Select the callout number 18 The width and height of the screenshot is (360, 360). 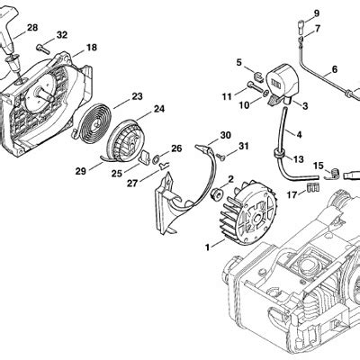tap(91, 47)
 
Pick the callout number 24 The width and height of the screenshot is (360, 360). tap(158, 110)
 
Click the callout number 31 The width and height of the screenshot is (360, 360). tap(244, 147)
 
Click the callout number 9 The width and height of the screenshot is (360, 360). tap(316, 13)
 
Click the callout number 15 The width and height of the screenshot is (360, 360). tap(317, 165)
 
